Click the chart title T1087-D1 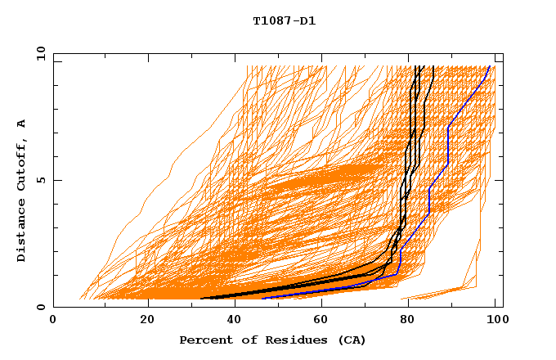pos(284,20)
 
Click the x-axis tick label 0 pos(53,320)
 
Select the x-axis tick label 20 pos(147,320)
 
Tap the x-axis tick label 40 pos(236,320)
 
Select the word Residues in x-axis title pos(283,340)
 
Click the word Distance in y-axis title pos(22,232)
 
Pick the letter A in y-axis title pos(22,123)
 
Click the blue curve pos(448,147)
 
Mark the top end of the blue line pos(489,67)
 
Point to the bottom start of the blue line pos(262,299)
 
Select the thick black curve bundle pos(406,164)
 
